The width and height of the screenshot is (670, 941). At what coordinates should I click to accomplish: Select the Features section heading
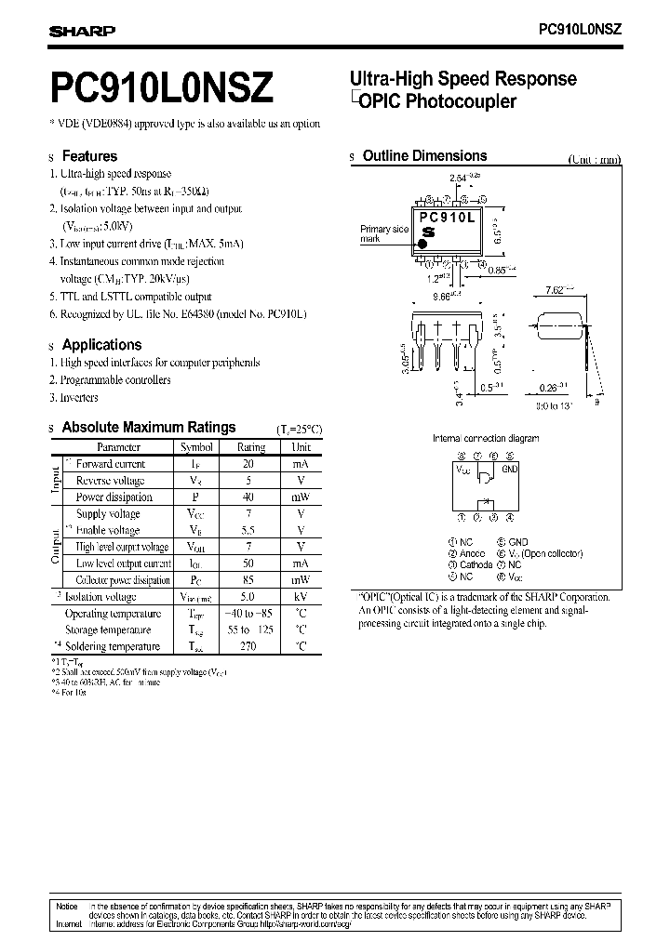(89, 156)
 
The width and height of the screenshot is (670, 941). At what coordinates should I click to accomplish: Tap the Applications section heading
(101, 344)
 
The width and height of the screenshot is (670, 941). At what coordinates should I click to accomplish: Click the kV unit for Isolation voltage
(301, 597)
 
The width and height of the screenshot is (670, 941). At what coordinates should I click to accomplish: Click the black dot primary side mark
(422, 243)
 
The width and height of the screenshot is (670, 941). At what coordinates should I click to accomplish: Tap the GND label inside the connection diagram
(509, 470)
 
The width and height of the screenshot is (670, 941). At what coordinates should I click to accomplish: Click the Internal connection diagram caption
(486, 438)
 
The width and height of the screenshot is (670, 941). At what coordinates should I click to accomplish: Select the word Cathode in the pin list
(476, 564)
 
